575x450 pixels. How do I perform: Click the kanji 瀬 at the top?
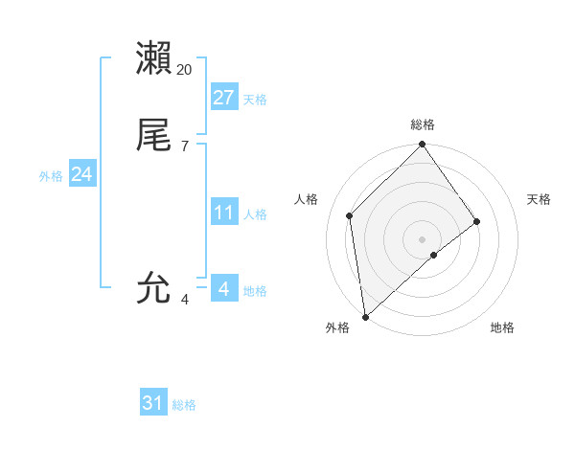point(154,58)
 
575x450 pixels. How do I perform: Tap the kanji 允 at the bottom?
point(154,286)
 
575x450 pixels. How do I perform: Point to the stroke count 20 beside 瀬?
point(185,70)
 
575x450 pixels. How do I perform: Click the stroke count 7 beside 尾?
point(185,146)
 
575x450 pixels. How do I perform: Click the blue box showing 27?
point(224,97)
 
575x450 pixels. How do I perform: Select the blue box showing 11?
point(224,212)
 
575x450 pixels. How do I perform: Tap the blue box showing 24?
point(82,174)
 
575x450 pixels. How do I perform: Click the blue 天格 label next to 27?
point(255,99)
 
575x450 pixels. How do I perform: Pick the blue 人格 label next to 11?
point(255,214)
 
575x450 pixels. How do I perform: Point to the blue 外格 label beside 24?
point(51,176)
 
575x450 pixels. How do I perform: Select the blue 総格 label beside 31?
point(184,405)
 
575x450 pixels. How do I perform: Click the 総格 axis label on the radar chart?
point(423,124)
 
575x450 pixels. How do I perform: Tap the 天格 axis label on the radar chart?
point(539,199)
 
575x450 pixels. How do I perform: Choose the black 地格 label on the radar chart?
point(502,327)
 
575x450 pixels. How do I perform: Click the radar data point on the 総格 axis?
point(423,146)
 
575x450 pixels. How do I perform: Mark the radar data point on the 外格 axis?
point(365,317)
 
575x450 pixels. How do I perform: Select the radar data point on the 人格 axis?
point(350,215)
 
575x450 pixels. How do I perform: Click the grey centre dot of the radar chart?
point(423,238)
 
